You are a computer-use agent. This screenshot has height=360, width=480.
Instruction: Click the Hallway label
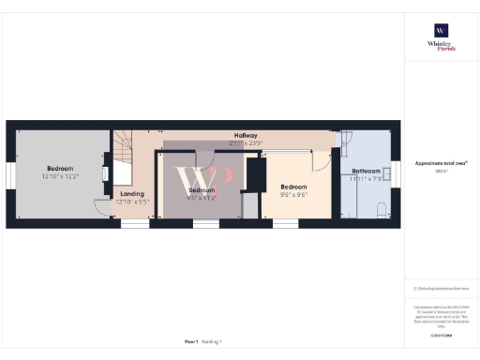tap(247, 136)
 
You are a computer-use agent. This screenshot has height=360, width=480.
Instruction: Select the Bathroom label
tap(367, 172)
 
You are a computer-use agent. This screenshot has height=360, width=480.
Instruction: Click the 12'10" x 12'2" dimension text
tap(60, 176)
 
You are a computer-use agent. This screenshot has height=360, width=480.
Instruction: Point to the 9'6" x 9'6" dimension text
tap(294, 195)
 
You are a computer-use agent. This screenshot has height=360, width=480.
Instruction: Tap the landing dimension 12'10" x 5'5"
tap(132, 202)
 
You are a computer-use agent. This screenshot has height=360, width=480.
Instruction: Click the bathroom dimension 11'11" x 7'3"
tap(367, 178)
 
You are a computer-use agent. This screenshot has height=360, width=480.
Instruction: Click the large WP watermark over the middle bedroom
tap(202, 178)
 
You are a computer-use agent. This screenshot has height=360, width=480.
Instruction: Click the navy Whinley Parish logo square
tap(440, 29)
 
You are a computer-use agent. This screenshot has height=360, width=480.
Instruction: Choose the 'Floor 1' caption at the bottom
tap(190, 343)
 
